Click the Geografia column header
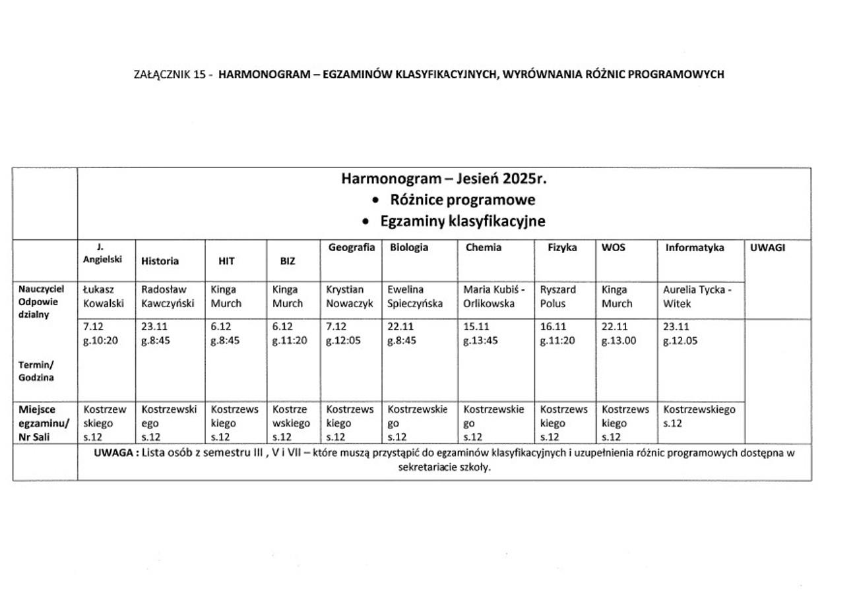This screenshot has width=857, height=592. [352, 248]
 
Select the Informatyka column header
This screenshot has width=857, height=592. [693, 248]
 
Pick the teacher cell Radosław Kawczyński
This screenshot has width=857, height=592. [168, 297]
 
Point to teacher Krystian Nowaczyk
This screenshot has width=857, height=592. [350, 297]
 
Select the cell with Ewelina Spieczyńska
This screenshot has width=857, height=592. [416, 297]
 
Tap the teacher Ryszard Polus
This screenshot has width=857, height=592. [557, 297]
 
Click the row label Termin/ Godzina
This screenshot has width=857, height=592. [36, 371]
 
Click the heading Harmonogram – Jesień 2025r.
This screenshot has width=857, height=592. [444, 179]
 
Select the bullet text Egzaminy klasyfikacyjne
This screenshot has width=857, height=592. [462, 222]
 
